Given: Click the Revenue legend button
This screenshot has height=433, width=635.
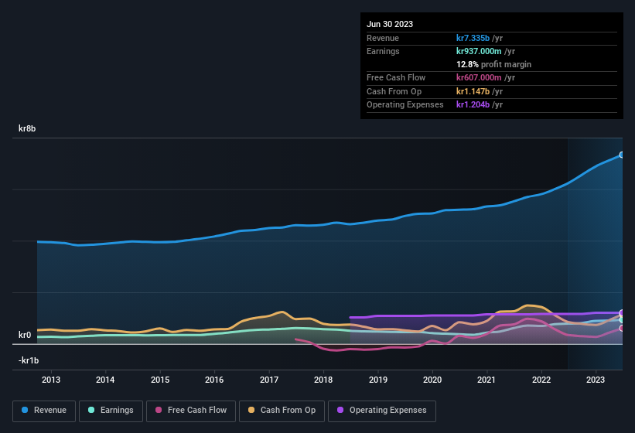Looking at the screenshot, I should coord(45,411).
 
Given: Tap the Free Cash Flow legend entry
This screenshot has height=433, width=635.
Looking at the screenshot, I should coord(192,411).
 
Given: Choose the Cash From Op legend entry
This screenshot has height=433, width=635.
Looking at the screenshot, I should coord(282,411).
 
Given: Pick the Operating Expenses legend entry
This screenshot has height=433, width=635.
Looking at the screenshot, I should coord(382,411).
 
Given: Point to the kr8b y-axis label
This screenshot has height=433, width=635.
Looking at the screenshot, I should coord(28,129).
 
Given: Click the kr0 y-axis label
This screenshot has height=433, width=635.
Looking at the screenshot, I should coord(25,336).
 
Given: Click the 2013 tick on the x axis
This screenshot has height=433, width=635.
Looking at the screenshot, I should coord(51,380).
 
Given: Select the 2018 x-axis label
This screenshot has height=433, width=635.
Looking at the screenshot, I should coord(323,380).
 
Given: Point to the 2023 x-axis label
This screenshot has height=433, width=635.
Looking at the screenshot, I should coord(596,380).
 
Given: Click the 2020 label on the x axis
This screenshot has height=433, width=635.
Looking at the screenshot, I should coord(432,380).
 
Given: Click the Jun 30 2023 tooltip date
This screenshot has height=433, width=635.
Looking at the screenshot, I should coord(390,24).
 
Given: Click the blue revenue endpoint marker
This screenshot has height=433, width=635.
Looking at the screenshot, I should coord(621,155).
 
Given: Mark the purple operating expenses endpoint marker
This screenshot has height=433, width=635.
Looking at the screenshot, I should coord(621,313).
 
